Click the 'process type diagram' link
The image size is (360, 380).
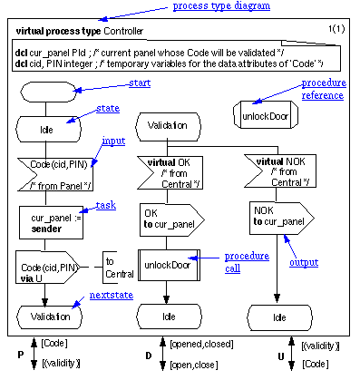click(220, 7)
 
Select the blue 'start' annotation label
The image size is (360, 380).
click(140, 83)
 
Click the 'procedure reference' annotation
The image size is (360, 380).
click(323, 90)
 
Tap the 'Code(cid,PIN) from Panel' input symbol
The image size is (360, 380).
click(51, 174)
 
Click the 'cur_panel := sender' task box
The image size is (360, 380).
click(51, 220)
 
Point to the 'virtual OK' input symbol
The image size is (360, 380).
click(167, 171)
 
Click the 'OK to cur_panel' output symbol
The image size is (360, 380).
click(169, 218)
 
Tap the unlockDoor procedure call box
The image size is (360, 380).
click(167, 264)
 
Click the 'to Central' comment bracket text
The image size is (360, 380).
click(119, 266)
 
